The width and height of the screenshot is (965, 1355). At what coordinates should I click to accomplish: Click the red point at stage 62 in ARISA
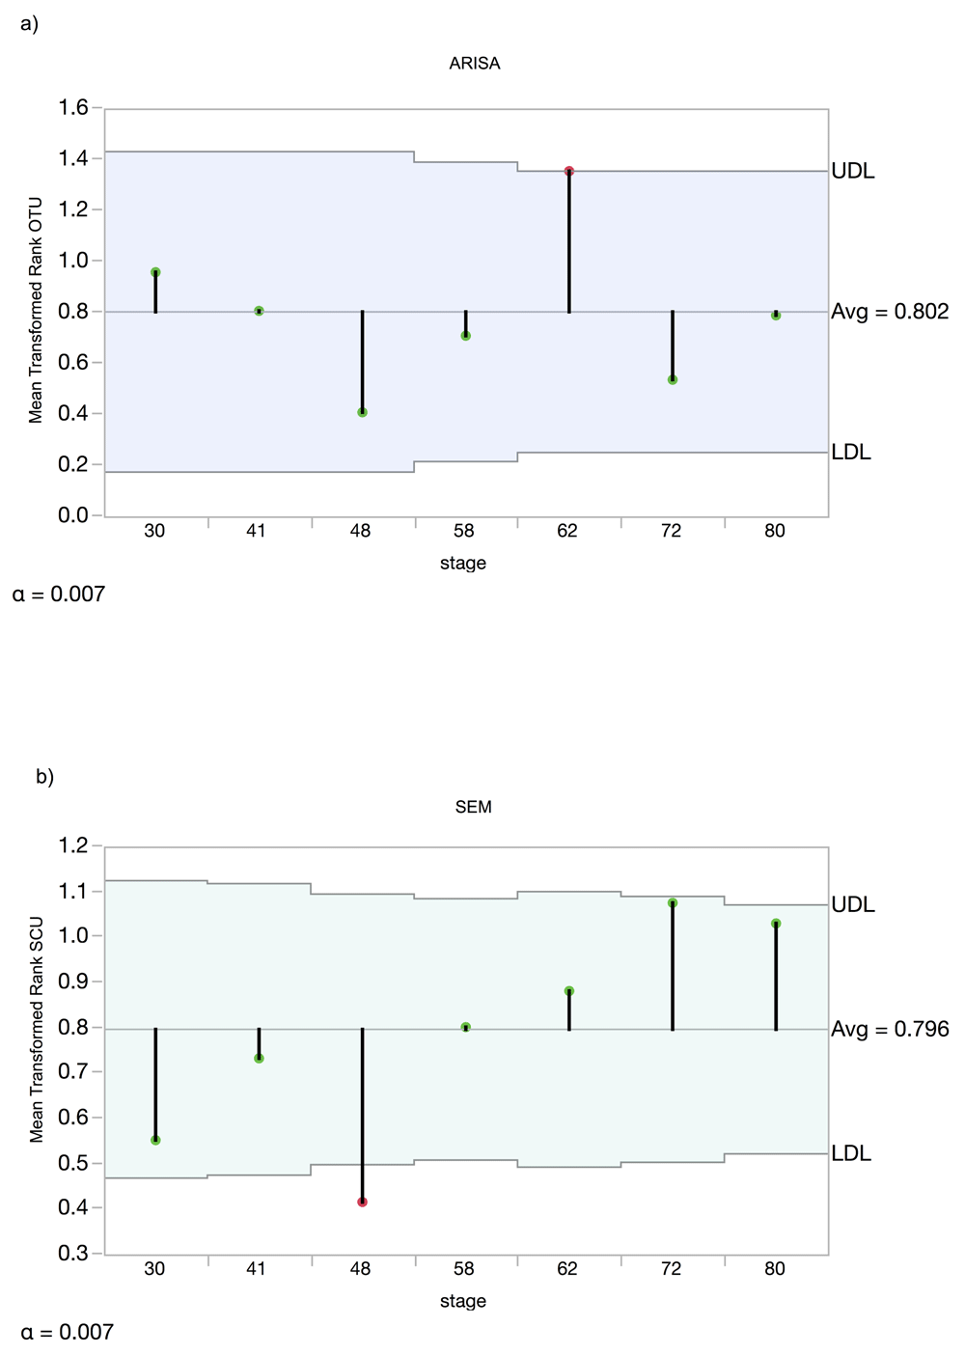(569, 171)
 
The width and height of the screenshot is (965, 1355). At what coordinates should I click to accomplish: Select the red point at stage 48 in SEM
(362, 1202)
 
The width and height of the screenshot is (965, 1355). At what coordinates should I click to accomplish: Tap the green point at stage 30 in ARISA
(155, 272)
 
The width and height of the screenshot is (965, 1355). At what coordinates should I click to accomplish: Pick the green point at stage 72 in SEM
(673, 902)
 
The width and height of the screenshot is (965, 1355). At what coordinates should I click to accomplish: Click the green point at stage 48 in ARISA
(362, 412)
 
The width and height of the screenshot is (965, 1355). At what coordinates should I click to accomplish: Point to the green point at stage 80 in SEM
(776, 924)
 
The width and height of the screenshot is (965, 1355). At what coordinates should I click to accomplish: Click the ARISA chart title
(474, 64)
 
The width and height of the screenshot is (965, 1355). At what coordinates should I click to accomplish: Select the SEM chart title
(473, 807)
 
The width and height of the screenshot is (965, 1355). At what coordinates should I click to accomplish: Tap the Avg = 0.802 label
(890, 312)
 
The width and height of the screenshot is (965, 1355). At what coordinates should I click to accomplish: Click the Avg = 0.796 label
(890, 1029)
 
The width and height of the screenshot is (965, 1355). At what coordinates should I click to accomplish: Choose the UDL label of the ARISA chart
(853, 171)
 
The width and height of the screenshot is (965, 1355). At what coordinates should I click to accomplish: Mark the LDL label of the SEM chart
(851, 1153)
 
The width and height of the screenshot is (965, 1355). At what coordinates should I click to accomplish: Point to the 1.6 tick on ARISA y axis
(73, 108)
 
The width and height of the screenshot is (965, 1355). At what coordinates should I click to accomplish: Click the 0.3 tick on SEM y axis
(73, 1253)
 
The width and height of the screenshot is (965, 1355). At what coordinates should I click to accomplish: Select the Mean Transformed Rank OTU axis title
(36, 311)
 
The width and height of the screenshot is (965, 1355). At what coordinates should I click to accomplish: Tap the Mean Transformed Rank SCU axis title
(36, 1030)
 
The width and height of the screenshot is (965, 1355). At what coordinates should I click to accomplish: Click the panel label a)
(30, 24)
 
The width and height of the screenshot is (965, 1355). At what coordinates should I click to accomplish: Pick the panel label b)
(44, 777)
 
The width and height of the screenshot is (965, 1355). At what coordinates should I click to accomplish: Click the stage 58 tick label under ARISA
(463, 531)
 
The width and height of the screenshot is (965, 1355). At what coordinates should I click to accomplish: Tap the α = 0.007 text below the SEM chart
(67, 1332)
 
